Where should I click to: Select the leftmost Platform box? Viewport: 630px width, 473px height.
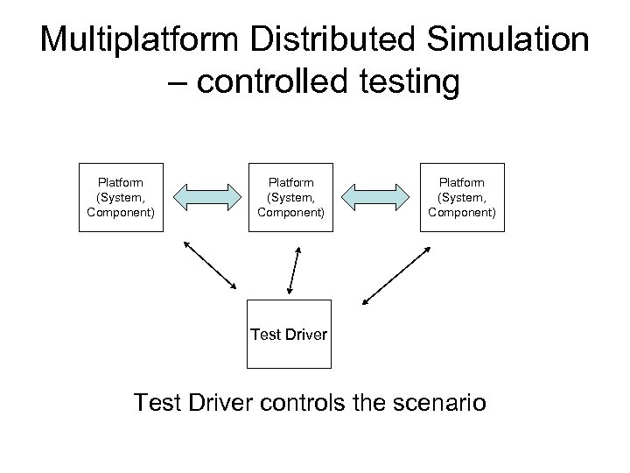pyautogui.click(x=121, y=197)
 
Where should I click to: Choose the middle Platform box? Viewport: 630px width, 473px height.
pyautogui.click(x=291, y=197)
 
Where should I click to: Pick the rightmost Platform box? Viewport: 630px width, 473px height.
pyautogui.click(x=462, y=197)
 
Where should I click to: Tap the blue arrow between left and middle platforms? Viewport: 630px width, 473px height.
pyautogui.click(x=206, y=197)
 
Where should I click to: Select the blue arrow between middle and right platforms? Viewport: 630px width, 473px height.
pyautogui.click(x=377, y=197)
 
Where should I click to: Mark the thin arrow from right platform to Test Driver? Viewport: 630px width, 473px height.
pyautogui.click(x=391, y=273)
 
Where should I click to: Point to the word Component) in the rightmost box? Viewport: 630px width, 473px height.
pyautogui.click(x=462, y=211)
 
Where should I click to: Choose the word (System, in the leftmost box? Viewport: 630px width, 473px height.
pyautogui.click(x=121, y=197)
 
